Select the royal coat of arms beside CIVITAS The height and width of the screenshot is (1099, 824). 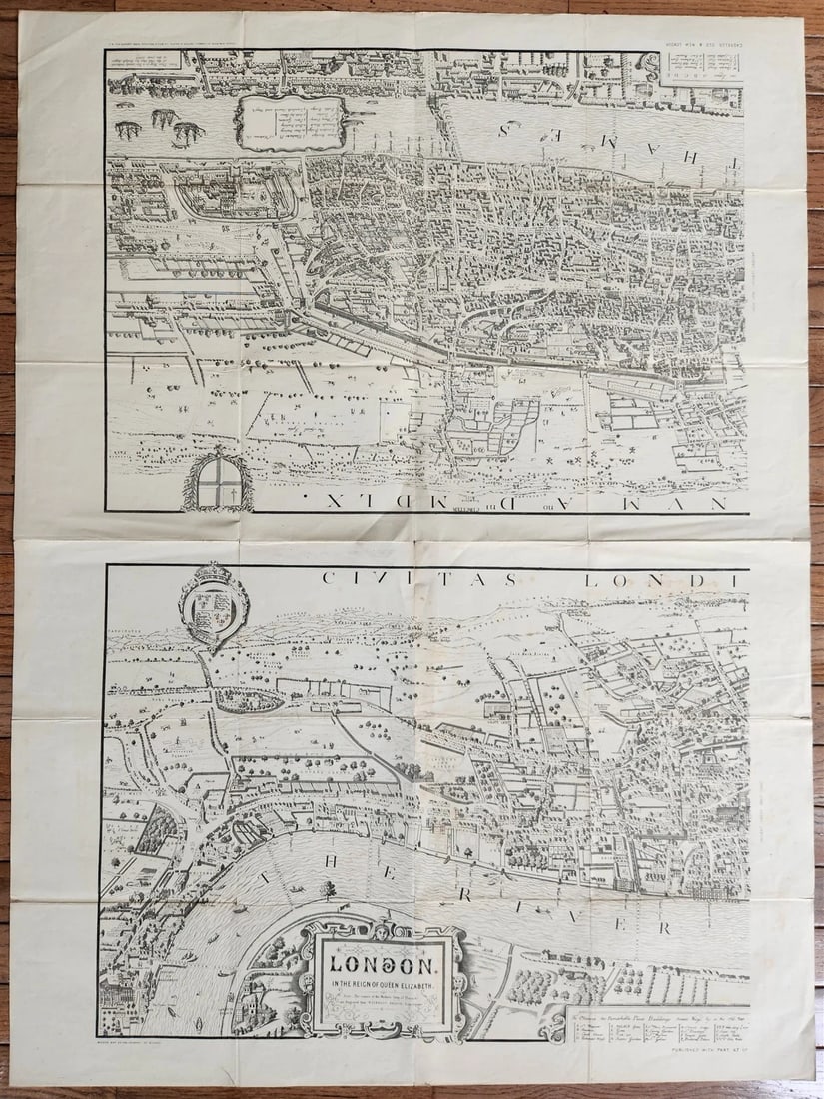(x=214, y=605)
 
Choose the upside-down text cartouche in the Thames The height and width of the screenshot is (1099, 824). (x=290, y=121)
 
